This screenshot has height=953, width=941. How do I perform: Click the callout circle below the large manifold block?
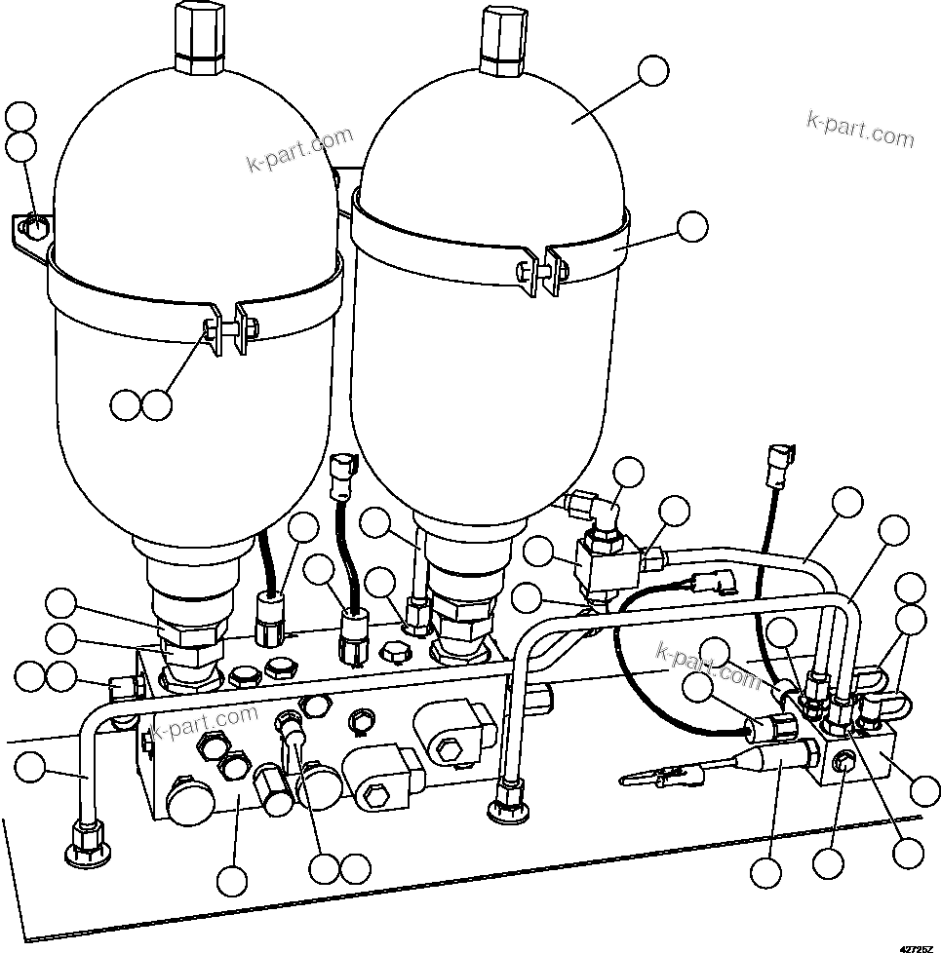(x=231, y=881)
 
